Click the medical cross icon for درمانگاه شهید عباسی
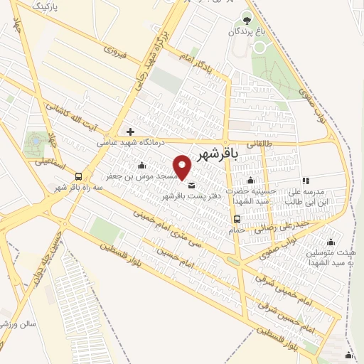(x=129, y=131)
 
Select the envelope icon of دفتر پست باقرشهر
(x=191, y=186)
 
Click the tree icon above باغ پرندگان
(x=246, y=19)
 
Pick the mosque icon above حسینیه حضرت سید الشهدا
(x=250, y=181)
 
